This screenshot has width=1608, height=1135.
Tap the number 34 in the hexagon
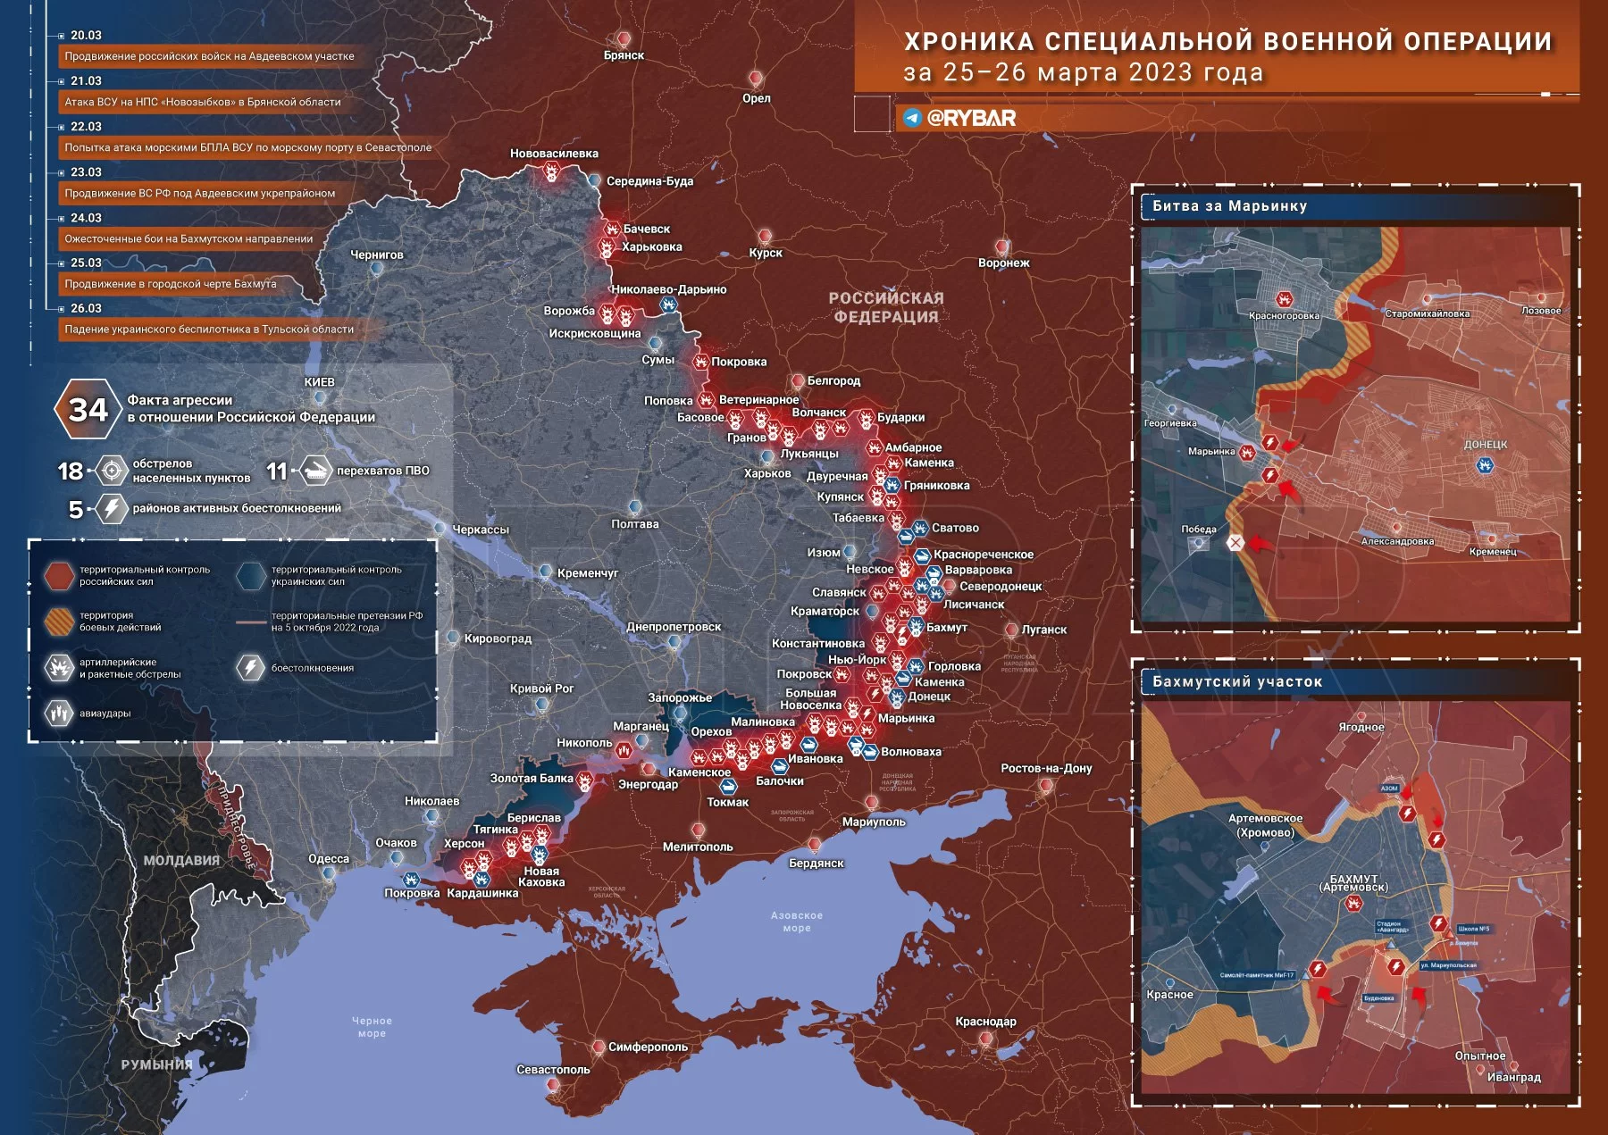88,410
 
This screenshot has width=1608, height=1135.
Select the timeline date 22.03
86,127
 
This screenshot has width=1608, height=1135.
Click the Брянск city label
624,55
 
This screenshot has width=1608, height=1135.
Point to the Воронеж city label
1003,263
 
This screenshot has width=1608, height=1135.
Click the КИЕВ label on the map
319,382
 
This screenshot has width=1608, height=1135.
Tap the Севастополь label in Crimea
553,1069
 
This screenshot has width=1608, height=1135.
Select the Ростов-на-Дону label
1045,768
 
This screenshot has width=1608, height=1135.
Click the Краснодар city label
985,1021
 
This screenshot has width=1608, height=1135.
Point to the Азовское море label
796,922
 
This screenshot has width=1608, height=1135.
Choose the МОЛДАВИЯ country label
181,860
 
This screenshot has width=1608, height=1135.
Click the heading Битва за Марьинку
1229,206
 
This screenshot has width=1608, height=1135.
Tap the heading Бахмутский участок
1236,681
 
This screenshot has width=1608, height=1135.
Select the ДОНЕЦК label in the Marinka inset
1485,444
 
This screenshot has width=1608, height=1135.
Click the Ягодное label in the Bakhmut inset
1361,727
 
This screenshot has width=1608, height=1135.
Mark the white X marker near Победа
1235,543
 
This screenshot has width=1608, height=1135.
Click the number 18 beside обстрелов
70,471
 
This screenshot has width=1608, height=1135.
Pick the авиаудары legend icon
59,713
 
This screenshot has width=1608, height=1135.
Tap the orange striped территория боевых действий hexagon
59,622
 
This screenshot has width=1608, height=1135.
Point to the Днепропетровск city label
674,626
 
